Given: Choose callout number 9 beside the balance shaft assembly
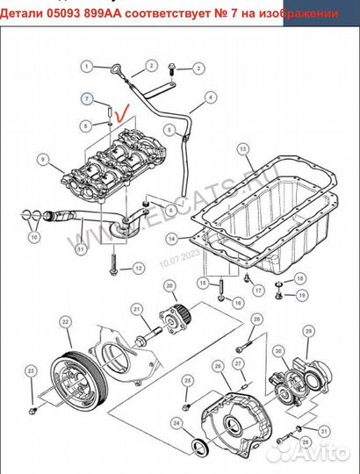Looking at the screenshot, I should (x=42, y=159).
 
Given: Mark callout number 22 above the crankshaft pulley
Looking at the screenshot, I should (x=67, y=322).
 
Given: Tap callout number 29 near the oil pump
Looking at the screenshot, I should (x=307, y=330).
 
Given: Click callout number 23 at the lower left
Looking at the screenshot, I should (x=32, y=372).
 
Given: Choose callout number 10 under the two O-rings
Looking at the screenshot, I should (x=34, y=236).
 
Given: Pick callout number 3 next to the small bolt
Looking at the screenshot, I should (x=199, y=67).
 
